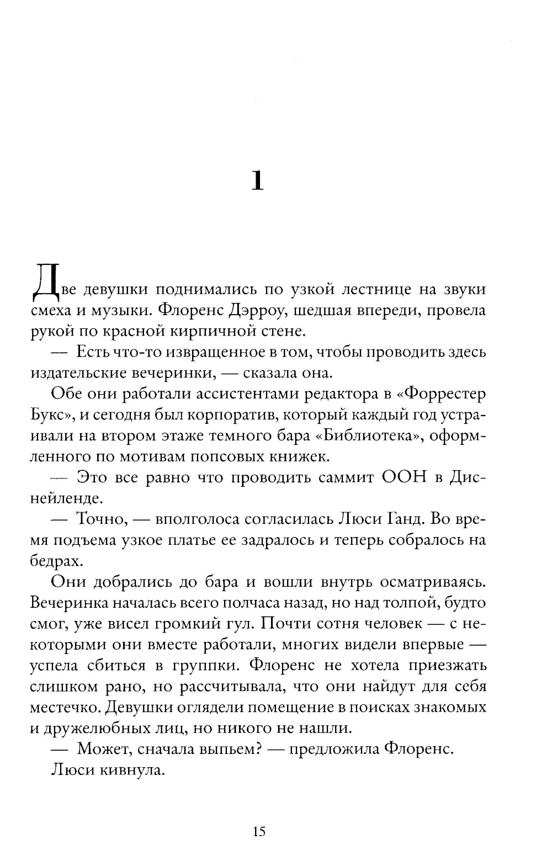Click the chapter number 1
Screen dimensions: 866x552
click(257, 180)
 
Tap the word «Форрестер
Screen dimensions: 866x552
click(442, 394)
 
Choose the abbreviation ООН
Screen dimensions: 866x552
click(404, 477)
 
